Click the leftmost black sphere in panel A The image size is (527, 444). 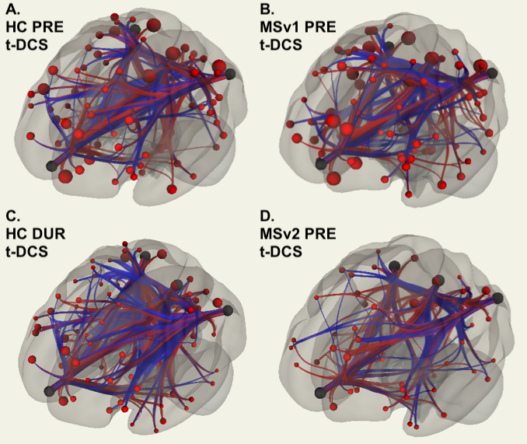pos(52,165)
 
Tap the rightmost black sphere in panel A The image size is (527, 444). pos(229,74)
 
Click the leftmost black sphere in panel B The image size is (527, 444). pos(319,164)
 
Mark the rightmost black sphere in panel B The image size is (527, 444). pos(491,73)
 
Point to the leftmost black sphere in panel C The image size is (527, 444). pos(51,390)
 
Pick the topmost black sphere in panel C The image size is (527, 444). pos(145,255)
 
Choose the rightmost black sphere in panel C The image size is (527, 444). pos(228,310)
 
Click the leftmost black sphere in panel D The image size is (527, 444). pos(319,393)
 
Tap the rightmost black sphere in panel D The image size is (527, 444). pos(497,297)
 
